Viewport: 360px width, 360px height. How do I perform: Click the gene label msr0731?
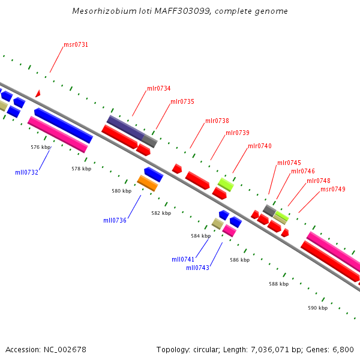76,45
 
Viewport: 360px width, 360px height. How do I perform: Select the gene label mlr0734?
158,89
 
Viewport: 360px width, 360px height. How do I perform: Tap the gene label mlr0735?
182,102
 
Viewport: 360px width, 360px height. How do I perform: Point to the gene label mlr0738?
217,121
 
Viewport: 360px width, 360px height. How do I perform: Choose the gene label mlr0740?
259,146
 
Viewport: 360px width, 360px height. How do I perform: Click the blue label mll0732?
26,172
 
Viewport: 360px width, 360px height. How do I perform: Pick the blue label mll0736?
115,220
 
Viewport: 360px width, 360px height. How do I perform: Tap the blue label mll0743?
197,268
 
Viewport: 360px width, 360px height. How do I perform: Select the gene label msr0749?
332,190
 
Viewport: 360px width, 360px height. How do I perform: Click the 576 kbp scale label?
40,146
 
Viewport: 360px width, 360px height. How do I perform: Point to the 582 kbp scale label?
161,213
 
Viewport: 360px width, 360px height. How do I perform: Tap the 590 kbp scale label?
317,308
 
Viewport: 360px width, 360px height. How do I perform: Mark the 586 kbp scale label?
239,260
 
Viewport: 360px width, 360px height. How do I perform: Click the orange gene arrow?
147,183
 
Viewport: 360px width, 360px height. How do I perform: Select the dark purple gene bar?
125,127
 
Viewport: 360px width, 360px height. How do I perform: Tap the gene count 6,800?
342,349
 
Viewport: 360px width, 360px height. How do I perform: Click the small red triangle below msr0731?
38,94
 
